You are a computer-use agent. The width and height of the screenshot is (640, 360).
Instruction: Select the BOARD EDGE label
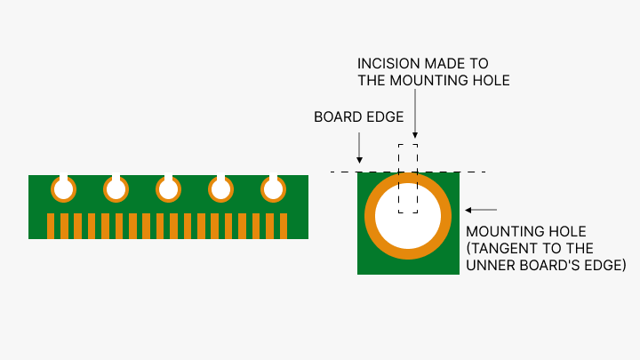click(359, 116)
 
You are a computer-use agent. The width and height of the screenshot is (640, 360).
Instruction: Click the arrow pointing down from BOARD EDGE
click(359, 147)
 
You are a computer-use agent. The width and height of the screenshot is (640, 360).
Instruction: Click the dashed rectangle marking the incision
click(407, 178)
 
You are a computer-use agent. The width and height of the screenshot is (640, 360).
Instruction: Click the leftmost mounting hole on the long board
click(63, 189)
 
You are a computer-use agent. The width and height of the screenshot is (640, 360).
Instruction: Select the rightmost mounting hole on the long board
click(273, 189)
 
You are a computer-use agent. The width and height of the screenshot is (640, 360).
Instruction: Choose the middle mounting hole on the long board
click(168, 189)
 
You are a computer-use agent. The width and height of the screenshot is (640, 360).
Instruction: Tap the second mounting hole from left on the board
click(116, 189)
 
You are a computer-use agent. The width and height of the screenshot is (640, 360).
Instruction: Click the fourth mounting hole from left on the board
click(220, 189)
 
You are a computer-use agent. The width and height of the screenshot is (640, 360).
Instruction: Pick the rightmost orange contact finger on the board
click(284, 225)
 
